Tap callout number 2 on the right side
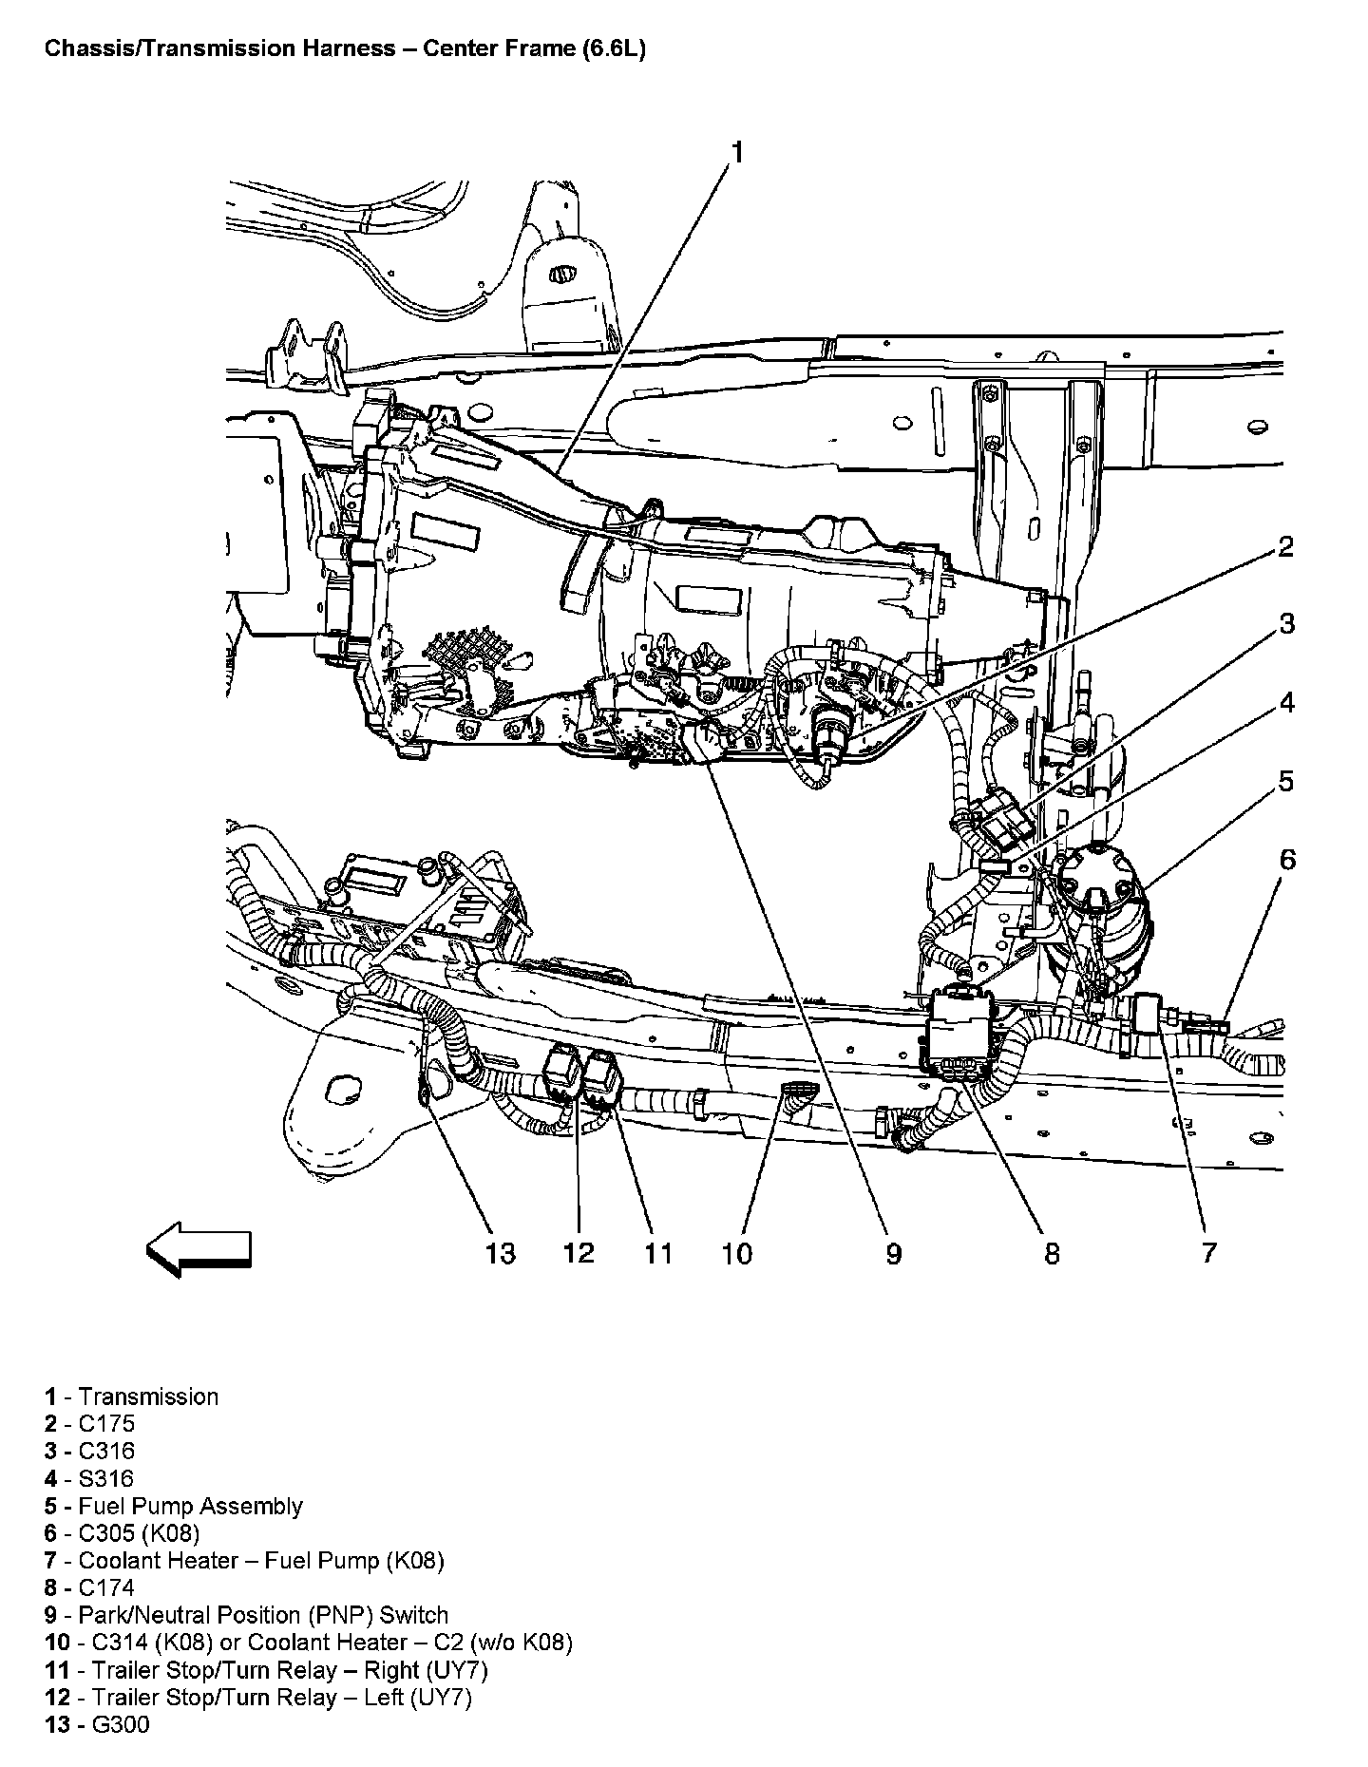tap(1284, 547)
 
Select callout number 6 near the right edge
tap(1286, 860)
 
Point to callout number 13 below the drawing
tap(500, 1253)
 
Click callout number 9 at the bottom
tap(893, 1253)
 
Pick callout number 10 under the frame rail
tap(736, 1253)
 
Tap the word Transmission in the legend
tap(148, 1396)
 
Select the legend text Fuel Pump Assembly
tap(190, 1506)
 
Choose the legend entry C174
tap(106, 1587)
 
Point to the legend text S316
tap(106, 1478)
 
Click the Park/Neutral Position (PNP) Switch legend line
tap(263, 1615)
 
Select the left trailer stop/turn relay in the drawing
tap(561, 1073)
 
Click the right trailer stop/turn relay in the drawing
tap(601, 1079)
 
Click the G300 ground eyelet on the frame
tap(423, 1092)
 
